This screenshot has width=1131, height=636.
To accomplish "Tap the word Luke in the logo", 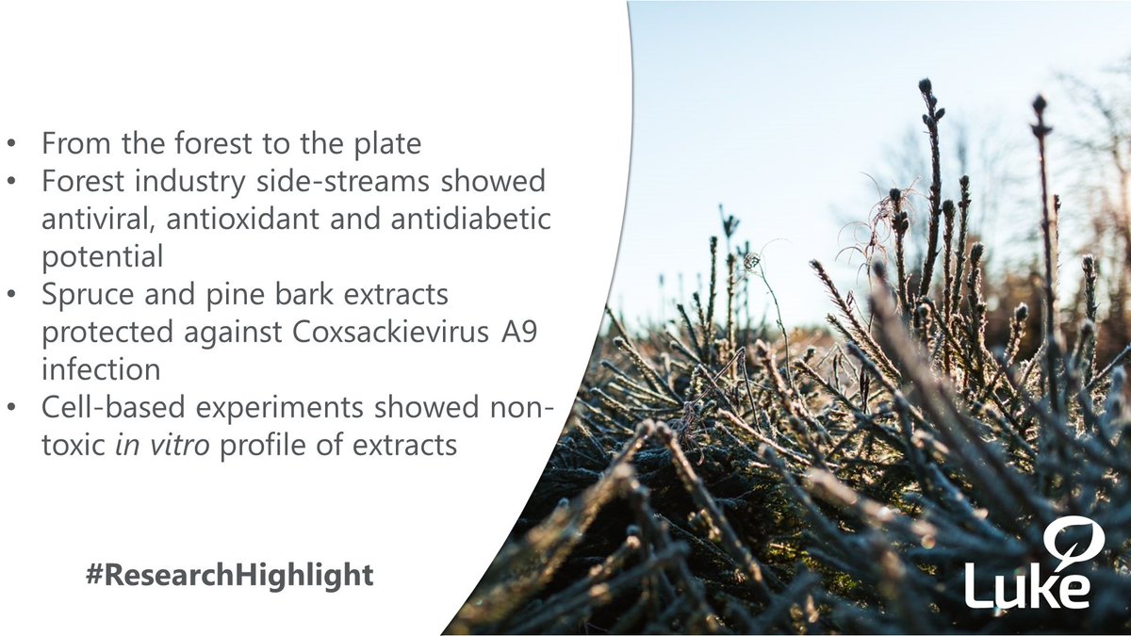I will (1027, 585).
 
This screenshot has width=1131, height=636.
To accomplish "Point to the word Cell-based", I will (104, 406).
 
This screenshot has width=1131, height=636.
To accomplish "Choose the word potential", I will (102, 254).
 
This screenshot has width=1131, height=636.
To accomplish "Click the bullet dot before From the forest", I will (12, 146).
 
